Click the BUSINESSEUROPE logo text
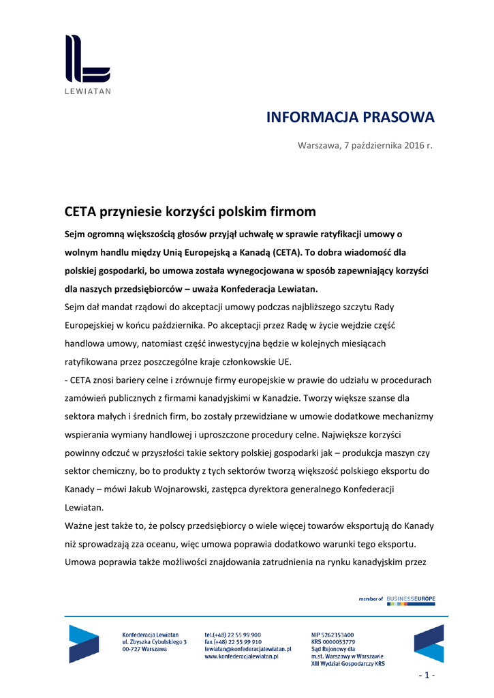(411, 598)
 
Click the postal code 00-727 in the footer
(132, 649)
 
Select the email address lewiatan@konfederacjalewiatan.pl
(248, 649)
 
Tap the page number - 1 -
(426, 675)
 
